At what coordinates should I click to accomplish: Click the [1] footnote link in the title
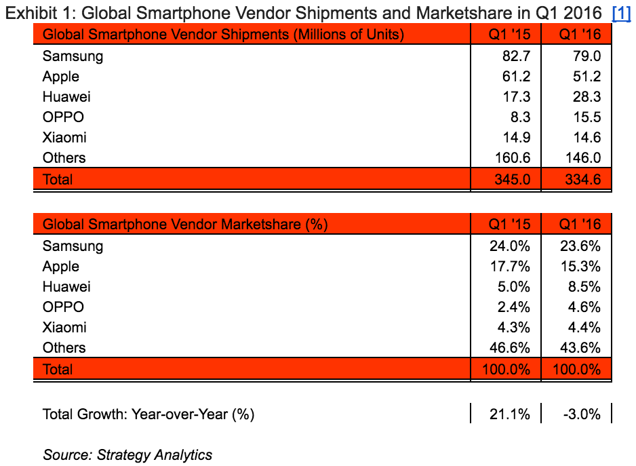pyautogui.click(x=621, y=13)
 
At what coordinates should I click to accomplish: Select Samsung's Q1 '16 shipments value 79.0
pyautogui.click(x=587, y=56)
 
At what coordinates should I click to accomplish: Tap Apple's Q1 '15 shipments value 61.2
pyautogui.click(x=516, y=77)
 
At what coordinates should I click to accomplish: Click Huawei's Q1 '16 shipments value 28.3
pyautogui.click(x=587, y=97)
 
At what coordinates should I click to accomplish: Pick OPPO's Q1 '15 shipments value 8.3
pyautogui.click(x=519, y=117)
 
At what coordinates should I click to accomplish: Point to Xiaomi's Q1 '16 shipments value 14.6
pyautogui.click(x=587, y=138)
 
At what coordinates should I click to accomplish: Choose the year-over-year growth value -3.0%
pyautogui.click(x=582, y=414)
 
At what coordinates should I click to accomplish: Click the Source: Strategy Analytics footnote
pyautogui.click(x=127, y=454)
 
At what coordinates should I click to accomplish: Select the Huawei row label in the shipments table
pyautogui.click(x=66, y=97)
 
